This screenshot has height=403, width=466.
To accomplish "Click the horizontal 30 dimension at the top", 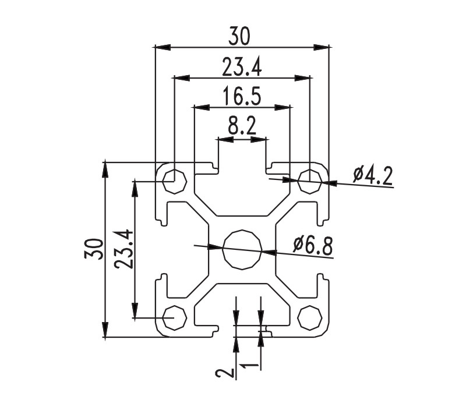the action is (239, 36).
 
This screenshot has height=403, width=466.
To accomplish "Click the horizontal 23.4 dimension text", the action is (242, 68).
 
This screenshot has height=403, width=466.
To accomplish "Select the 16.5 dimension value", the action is (242, 96).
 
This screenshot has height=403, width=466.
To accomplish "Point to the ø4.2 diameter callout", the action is (373, 176).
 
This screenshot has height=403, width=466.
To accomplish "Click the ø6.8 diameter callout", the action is (313, 246).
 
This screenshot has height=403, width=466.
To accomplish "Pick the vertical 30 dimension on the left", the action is (94, 249).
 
